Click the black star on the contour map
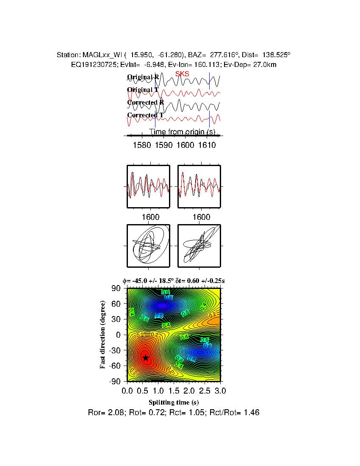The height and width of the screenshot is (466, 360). click(x=146, y=358)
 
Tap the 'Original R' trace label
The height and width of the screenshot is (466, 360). click(x=143, y=77)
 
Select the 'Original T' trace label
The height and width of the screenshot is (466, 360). click(x=143, y=90)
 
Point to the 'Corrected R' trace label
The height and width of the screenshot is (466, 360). click(x=145, y=103)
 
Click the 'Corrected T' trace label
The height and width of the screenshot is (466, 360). click(x=145, y=115)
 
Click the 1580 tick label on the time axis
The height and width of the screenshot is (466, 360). click(x=142, y=145)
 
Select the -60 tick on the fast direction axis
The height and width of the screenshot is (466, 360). click(x=115, y=366)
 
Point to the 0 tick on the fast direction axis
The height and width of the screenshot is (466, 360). click(x=119, y=335)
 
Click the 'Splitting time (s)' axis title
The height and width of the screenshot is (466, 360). click(x=174, y=402)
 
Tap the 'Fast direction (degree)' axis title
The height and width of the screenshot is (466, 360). click(x=103, y=335)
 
